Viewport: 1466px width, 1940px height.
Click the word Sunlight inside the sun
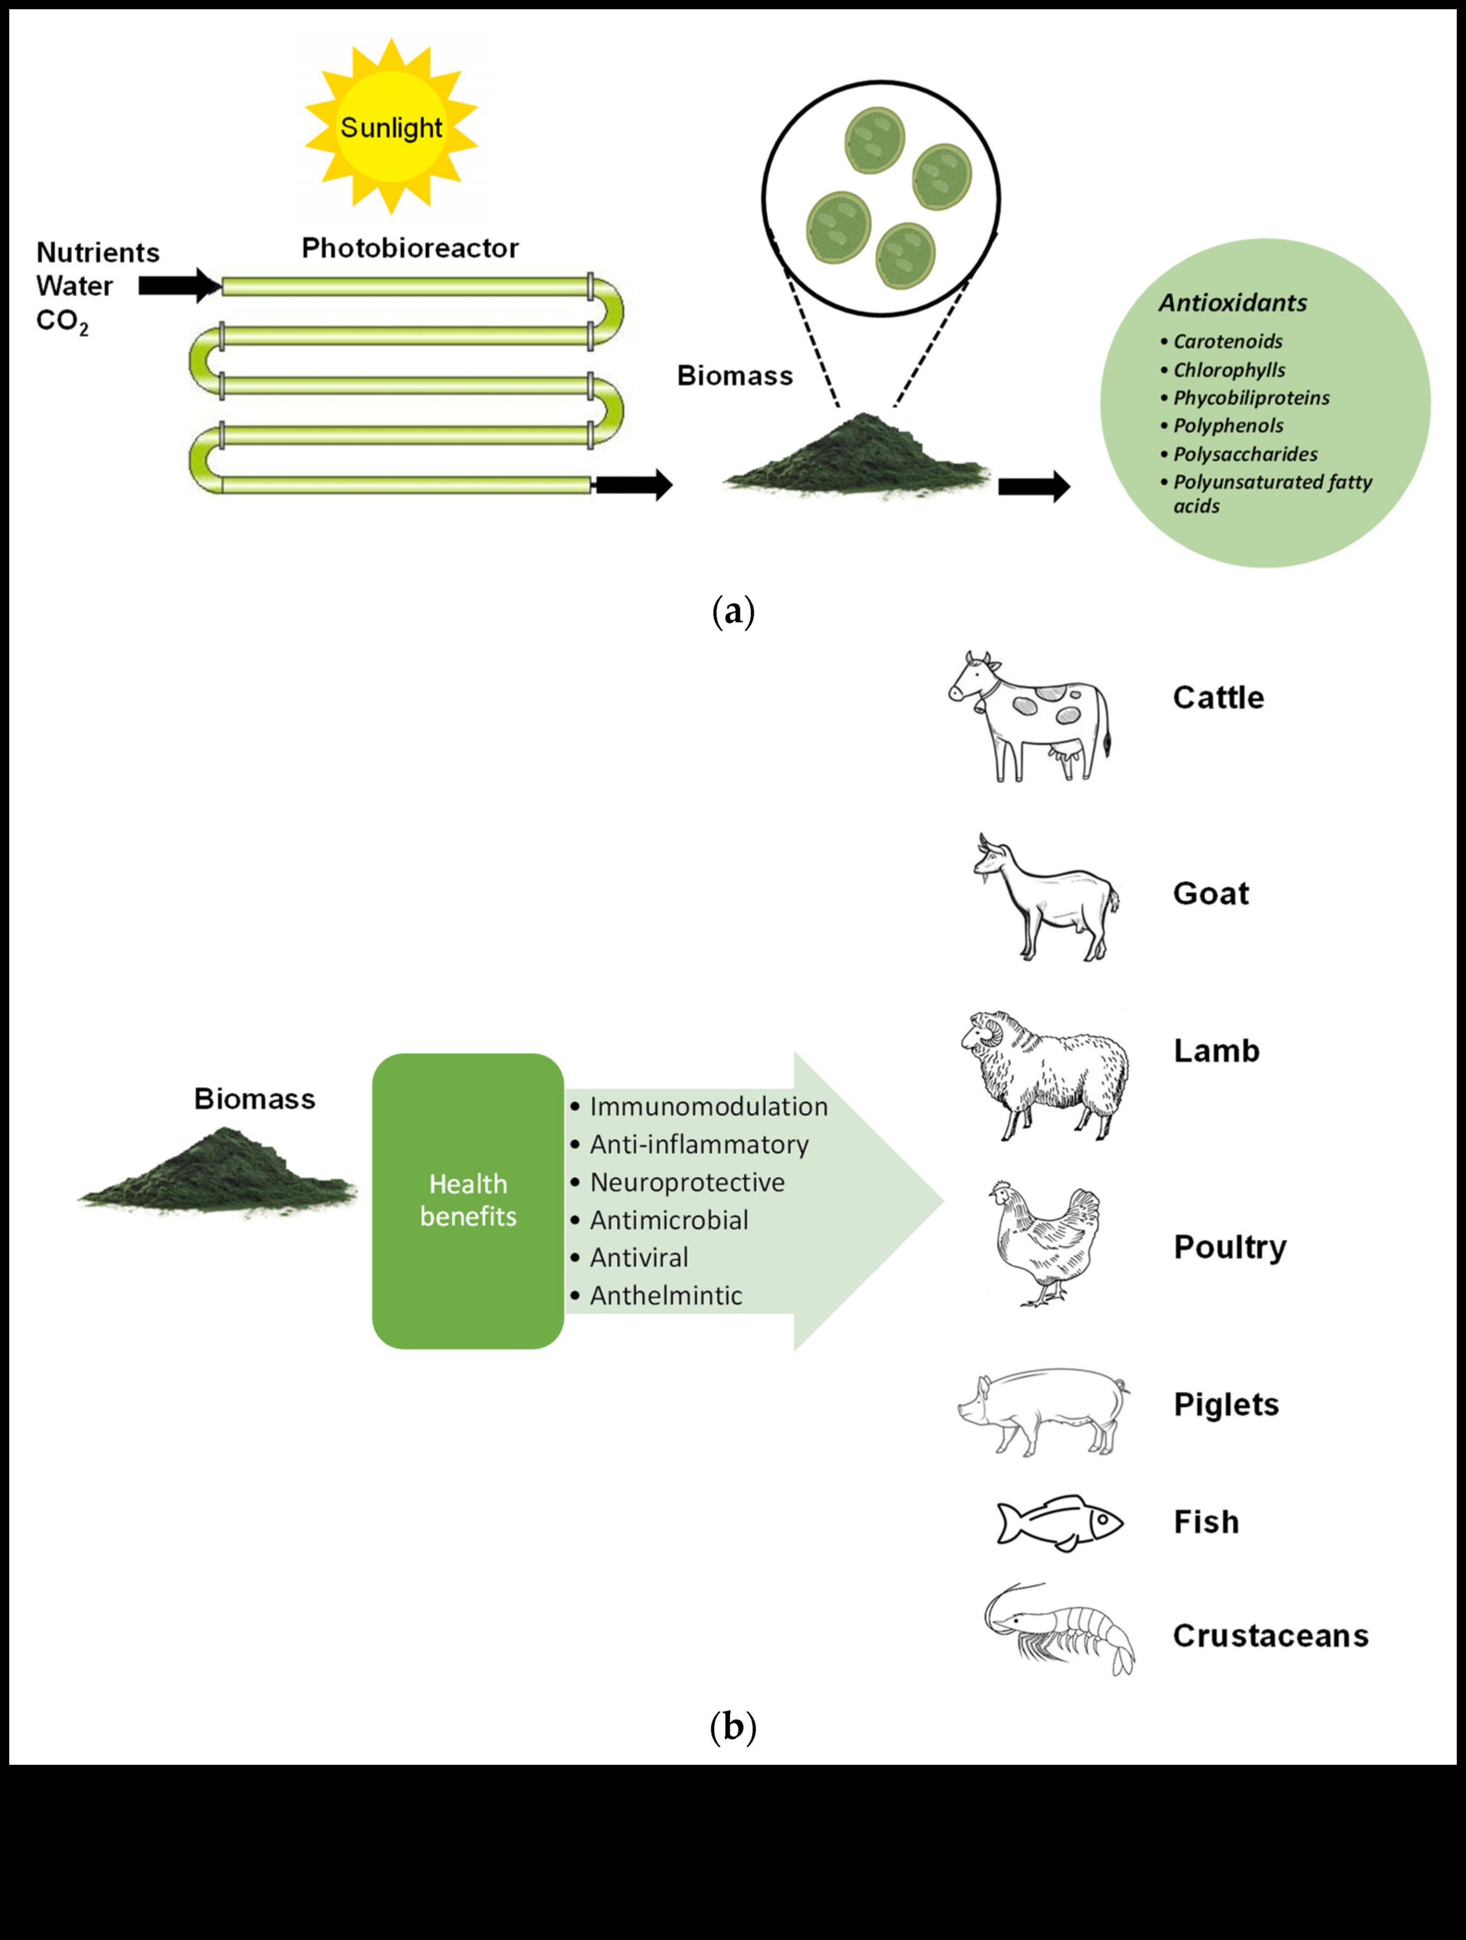click(391, 128)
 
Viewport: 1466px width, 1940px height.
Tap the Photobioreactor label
click(410, 248)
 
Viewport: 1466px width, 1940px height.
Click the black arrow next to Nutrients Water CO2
click(180, 285)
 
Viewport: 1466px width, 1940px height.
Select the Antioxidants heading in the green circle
click(1233, 303)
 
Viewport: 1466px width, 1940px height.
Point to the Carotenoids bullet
click(1227, 342)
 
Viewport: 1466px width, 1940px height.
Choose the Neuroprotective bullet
click(687, 1182)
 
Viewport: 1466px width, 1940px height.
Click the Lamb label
click(1216, 1051)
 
